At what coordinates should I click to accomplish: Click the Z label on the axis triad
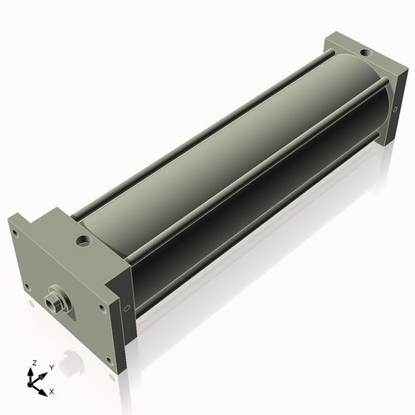pos(35,363)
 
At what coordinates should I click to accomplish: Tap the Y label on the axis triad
pos(51,368)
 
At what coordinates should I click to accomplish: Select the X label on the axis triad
pos(51,392)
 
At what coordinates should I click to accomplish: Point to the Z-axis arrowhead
pos(31,373)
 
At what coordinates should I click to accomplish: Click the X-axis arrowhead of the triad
pos(42,393)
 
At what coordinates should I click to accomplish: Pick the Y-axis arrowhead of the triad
pos(42,376)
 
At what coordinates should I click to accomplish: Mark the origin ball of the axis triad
pos(30,384)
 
